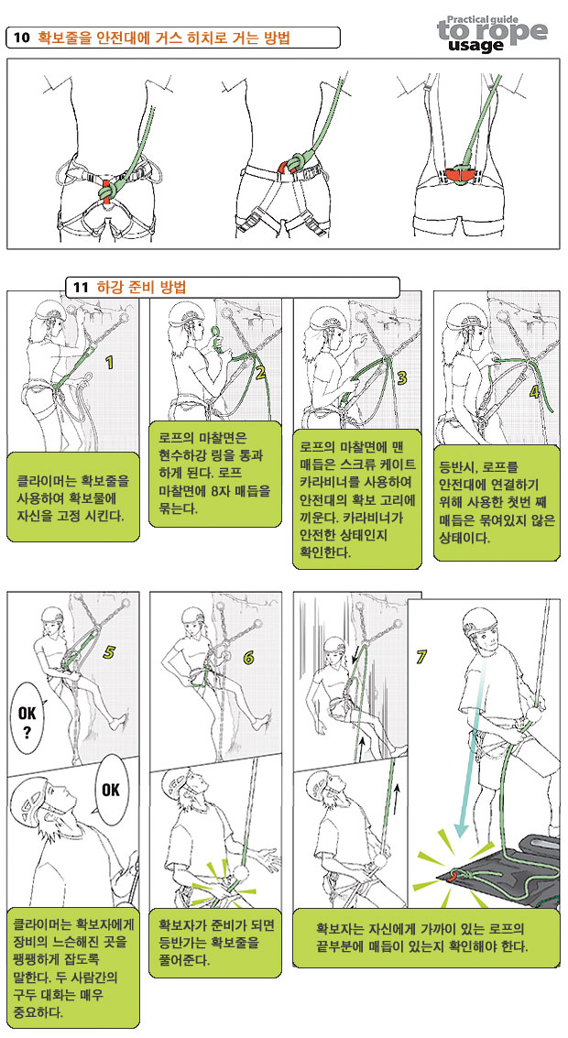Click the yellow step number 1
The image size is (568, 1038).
click(110, 362)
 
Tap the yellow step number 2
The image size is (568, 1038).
click(260, 372)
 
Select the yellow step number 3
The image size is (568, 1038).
click(402, 377)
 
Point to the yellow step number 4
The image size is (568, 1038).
click(535, 392)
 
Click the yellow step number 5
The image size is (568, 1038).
click(109, 652)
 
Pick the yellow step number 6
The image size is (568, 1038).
click(248, 658)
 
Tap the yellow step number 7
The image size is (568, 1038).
click(421, 657)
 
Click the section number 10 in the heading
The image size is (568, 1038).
click(22, 38)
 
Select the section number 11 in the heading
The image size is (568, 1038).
click(81, 288)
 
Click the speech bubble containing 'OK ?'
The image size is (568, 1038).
click(27, 722)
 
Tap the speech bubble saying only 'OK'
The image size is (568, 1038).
click(111, 790)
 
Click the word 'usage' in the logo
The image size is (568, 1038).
click(475, 45)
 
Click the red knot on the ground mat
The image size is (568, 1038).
click(453, 875)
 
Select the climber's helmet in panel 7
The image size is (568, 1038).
click(481, 621)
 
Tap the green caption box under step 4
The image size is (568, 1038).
click(497, 502)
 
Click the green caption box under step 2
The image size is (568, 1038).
click(215, 474)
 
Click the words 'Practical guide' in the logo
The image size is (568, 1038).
click(483, 20)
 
